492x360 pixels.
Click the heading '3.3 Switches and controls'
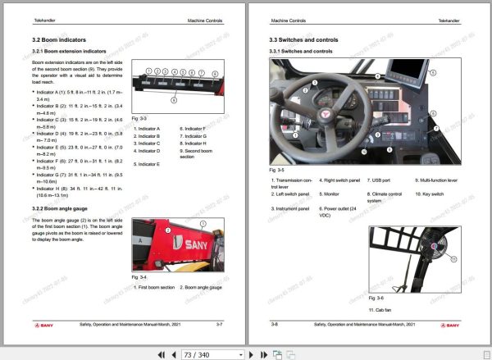click(x=305, y=39)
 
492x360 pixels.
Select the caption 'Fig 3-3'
click(x=139, y=119)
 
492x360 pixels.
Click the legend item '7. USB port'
click(x=380, y=179)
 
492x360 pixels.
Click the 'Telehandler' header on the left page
click(x=43, y=18)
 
